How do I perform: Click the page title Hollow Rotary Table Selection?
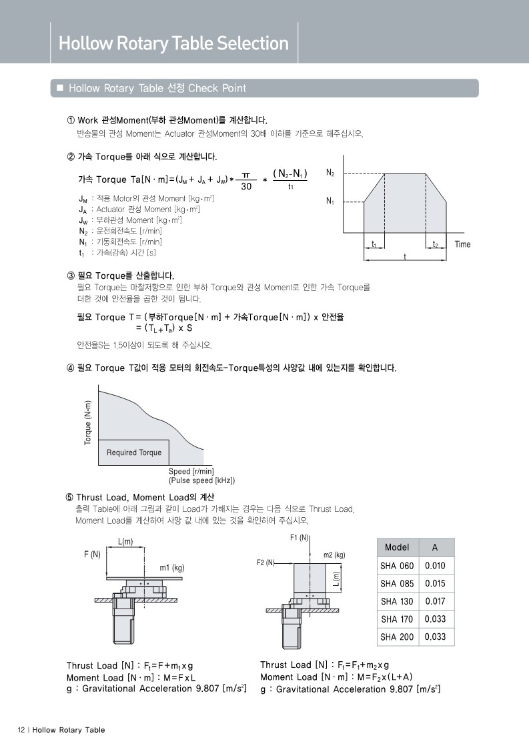point(173,44)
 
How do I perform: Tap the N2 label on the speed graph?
point(330,172)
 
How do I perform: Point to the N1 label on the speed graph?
point(330,201)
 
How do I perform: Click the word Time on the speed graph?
point(462,244)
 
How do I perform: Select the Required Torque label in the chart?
point(134,452)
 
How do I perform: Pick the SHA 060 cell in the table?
point(397,566)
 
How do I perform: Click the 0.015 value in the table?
point(435,583)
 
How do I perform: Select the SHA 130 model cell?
point(397,601)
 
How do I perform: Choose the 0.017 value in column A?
point(435,601)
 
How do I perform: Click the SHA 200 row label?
point(397,637)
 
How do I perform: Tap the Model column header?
point(397,547)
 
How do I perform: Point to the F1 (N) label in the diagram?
point(298,537)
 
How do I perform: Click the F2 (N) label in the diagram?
point(266,563)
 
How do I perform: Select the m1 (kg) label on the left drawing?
point(171,568)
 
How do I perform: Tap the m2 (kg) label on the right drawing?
point(334,554)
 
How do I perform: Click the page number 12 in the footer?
point(21,729)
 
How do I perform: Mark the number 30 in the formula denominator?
point(246,187)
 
